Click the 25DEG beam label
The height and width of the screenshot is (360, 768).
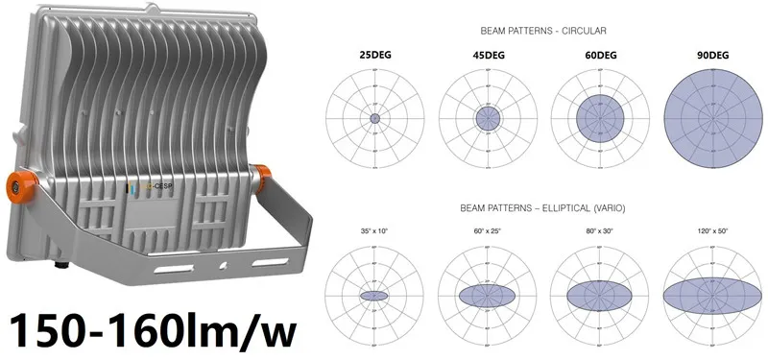pos(373,57)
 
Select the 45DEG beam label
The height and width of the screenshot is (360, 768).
pos(488,57)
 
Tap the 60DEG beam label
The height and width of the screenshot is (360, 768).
pos(600,57)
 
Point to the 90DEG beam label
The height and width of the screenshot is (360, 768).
pos(712,57)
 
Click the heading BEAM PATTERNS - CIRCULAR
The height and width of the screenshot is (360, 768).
pos(542,31)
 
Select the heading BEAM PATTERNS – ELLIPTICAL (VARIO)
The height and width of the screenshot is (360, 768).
pos(542,208)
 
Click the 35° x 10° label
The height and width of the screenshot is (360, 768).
pos(372,232)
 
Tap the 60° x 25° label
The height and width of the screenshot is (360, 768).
pos(487,232)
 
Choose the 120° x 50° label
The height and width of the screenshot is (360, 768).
pos(711,232)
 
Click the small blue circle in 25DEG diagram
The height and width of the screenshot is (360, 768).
pos(373,118)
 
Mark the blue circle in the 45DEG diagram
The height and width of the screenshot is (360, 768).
pos(488,118)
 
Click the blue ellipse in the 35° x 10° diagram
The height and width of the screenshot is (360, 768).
pos(373,296)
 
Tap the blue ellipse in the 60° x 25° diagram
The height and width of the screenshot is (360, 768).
pos(488,296)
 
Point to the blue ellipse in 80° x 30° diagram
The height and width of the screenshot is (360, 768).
pos(601,296)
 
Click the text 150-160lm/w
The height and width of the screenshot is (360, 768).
pos(150,328)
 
